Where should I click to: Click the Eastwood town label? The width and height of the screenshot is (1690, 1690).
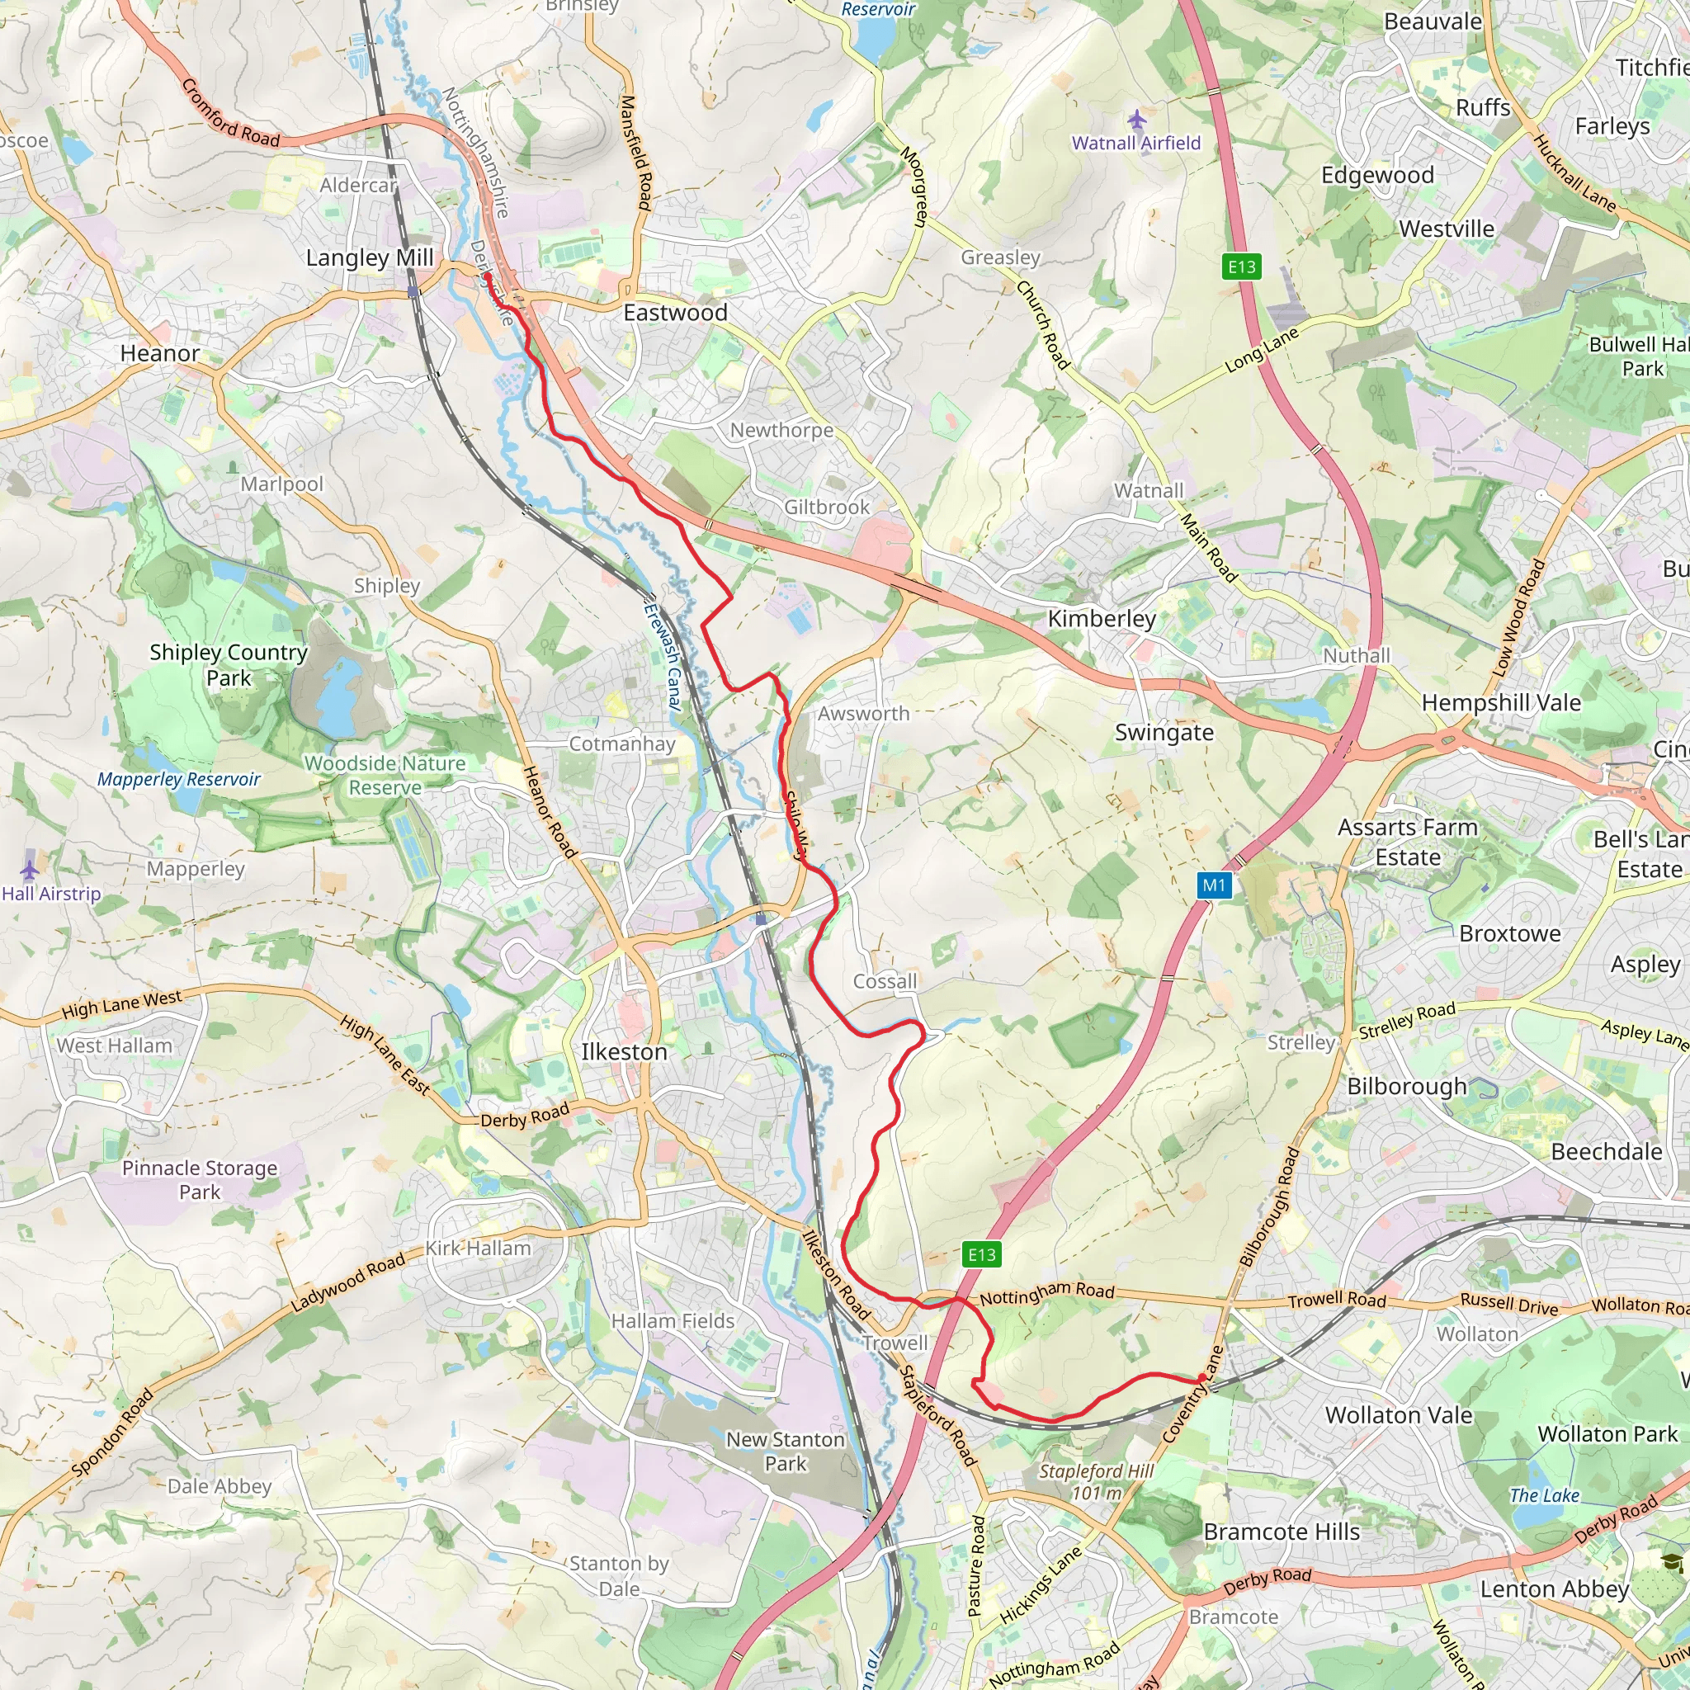pos(674,312)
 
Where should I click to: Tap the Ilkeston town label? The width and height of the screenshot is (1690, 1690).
pos(624,1051)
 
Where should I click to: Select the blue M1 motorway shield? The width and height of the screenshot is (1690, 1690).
pos(1214,885)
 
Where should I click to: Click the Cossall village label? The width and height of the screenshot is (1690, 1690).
pos(885,981)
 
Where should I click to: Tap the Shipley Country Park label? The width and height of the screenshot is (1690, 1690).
pos(229,665)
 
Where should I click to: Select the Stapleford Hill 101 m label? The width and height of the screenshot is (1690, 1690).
pos(1096,1482)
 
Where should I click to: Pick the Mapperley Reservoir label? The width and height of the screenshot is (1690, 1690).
pos(178,779)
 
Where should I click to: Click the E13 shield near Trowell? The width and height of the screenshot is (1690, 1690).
pos(981,1255)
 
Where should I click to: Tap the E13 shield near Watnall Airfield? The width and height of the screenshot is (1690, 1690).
pos(1241,267)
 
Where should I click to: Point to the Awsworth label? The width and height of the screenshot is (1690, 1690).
pos(863,713)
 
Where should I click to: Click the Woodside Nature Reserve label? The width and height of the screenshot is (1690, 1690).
pos(385,775)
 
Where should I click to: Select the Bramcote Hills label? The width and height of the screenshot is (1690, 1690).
pos(1282,1532)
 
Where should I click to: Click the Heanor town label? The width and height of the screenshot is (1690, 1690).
pos(159,353)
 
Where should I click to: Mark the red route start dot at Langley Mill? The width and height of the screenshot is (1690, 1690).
pos(486,276)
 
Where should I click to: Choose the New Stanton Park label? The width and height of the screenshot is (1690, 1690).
pos(786,1452)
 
